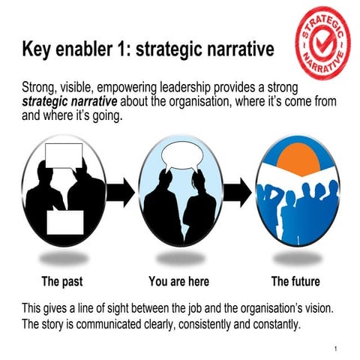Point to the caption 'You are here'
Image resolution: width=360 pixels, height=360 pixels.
click(x=178, y=282)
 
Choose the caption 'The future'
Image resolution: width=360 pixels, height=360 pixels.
click(x=295, y=282)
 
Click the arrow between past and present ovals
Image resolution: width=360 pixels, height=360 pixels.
click(x=121, y=193)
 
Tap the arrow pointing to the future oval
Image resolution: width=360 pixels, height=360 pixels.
click(x=239, y=193)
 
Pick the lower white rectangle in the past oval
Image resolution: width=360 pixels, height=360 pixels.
click(x=66, y=221)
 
